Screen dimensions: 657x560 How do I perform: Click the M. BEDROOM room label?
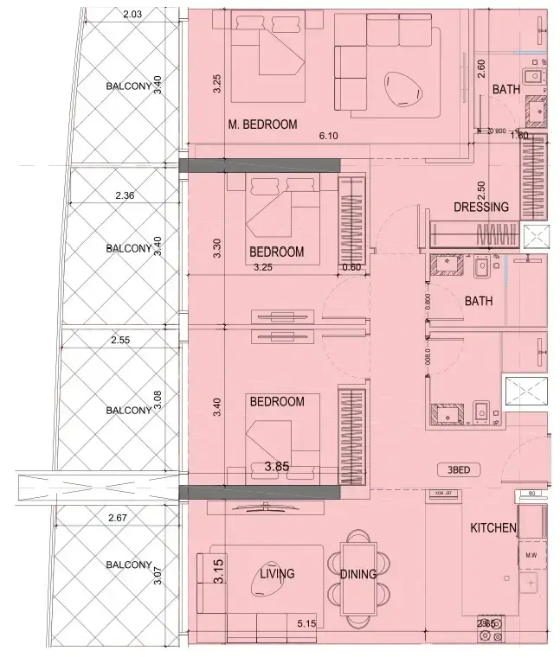coord(262,124)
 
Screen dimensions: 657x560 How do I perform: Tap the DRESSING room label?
coord(482,207)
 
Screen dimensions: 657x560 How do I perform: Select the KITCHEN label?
coord(492,527)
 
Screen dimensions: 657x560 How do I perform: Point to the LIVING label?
coord(277,573)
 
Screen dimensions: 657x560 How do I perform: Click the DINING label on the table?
coord(357,574)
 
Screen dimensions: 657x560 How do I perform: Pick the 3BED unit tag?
coord(459,470)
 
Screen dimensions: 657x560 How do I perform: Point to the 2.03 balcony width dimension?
coord(132,14)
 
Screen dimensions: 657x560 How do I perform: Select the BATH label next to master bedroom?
coord(505,90)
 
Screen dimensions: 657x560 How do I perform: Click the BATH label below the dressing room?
coord(478,301)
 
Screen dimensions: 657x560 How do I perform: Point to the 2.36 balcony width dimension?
coord(125,195)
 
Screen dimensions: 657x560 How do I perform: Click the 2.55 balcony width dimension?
coord(120,341)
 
